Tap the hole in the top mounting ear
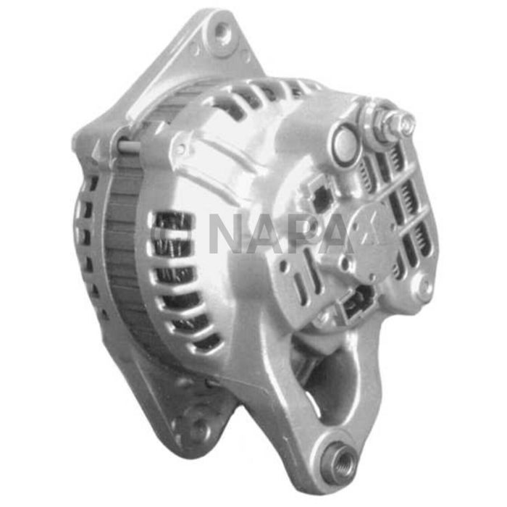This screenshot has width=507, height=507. click(x=222, y=32)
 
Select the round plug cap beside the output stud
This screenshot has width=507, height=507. click(x=344, y=143)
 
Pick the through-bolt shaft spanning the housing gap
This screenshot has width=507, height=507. click(x=129, y=146)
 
